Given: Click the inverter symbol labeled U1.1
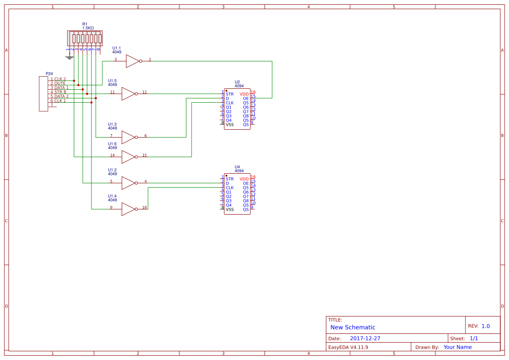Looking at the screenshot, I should [x=133, y=61].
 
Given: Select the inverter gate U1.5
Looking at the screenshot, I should [x=128, y=94].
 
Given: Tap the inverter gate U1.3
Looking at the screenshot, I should [x=128, y=137].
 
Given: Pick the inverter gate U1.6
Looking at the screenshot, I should [x=128, y=157].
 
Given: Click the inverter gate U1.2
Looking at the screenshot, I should [x=128, y=183].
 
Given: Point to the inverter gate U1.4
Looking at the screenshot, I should [x=128, y=209].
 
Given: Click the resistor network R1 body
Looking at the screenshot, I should [x=85, y=38].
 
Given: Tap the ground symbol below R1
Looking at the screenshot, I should [x=68, y=57].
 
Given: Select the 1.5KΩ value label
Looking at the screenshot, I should [x=88, y=28].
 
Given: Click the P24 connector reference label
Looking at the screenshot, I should [x=49, y=74].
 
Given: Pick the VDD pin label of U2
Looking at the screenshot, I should [x=244, y=94].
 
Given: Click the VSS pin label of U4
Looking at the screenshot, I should [x=229, y=209].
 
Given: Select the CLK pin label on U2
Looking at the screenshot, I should [x=229, y=103].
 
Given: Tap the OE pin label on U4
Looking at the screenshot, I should [x=246, y=183].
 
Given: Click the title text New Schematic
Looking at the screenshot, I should [x=353, y=327].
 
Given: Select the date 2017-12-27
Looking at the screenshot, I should [x=365, y=338].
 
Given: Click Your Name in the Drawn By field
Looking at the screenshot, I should [x=458, y=347].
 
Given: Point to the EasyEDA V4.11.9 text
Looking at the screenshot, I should [x=348, y=347].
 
